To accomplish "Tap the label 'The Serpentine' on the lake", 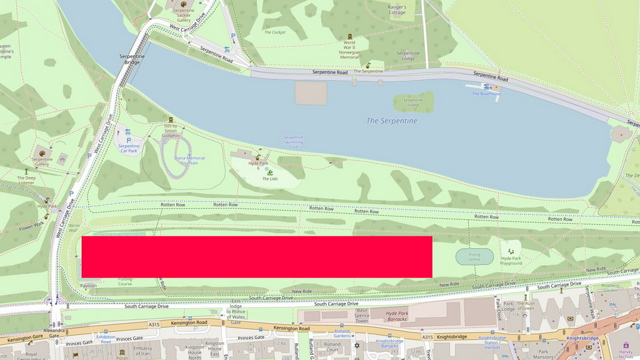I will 391,121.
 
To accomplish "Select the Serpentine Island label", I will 413,103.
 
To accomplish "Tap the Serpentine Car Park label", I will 129,149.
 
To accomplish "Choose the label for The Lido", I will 269,179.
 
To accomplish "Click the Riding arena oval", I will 474,256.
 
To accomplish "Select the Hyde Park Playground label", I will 511,261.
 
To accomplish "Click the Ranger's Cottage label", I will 397,9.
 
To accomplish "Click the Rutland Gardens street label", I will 341,333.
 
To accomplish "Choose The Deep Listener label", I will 26,181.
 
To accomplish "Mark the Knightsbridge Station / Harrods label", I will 491,343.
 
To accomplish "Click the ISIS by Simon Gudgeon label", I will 171,130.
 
